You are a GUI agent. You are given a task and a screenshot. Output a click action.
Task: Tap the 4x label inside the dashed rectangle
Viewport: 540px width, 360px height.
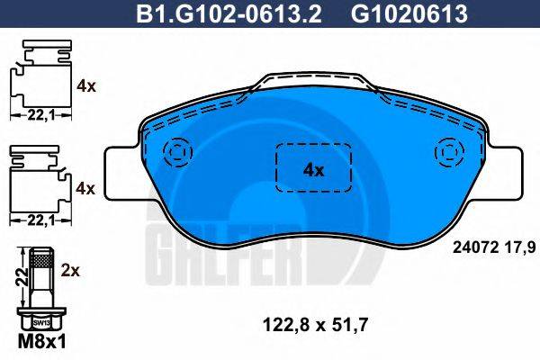click(312, 168)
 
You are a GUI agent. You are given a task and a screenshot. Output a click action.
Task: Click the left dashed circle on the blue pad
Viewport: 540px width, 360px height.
click(177, 150)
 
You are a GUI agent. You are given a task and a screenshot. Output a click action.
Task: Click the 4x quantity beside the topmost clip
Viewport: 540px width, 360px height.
click(86, 86)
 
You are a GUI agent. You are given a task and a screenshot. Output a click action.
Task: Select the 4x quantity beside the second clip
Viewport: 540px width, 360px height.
click(86, 188)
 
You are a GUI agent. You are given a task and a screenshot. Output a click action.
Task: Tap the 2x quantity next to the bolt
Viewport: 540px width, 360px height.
click(74, 269)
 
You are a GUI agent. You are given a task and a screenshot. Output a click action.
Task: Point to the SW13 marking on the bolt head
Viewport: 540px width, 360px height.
click(40, 321)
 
